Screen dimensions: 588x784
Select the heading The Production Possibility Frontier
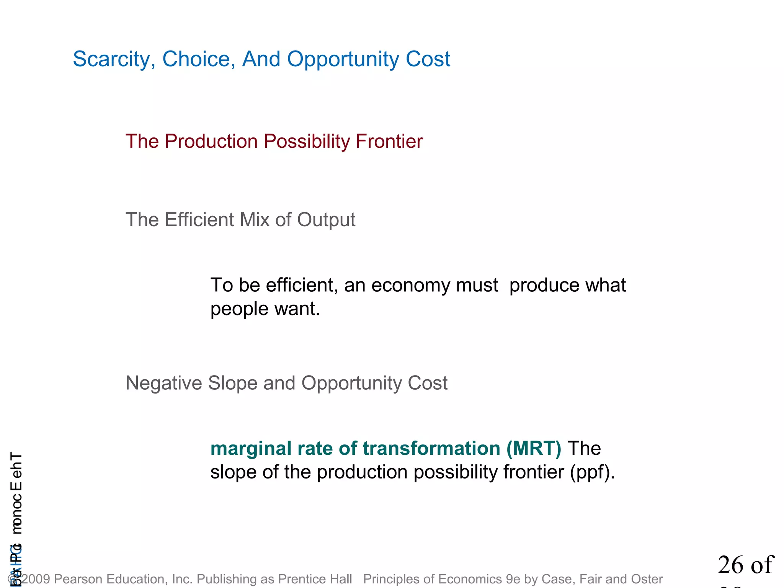point(274,141)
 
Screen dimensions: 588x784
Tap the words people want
point(265,309)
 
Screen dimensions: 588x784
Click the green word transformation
point(431,449)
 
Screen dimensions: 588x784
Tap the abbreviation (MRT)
point(534,449)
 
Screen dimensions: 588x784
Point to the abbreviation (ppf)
point(592,472)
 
